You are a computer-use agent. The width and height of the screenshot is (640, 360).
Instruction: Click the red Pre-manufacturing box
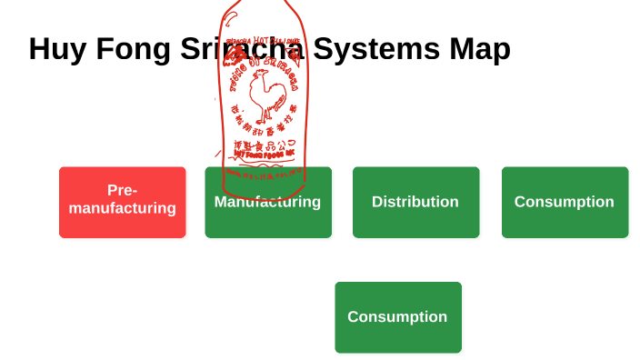point(122,202)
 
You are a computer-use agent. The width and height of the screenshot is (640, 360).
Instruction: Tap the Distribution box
point(415,202)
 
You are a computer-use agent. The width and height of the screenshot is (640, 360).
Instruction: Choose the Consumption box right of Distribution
point(565,202)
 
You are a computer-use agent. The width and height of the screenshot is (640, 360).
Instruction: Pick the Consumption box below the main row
point(397,316)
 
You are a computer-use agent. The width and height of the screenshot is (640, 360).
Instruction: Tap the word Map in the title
point(479,49)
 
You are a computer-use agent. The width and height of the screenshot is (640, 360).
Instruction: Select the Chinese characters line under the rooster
point(262,131)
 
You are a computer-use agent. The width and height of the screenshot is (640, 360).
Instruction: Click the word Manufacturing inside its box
point(267,202)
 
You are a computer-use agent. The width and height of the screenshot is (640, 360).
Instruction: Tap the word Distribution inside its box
point(415,202)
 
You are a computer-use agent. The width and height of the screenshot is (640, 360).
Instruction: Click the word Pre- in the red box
point(122,190)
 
